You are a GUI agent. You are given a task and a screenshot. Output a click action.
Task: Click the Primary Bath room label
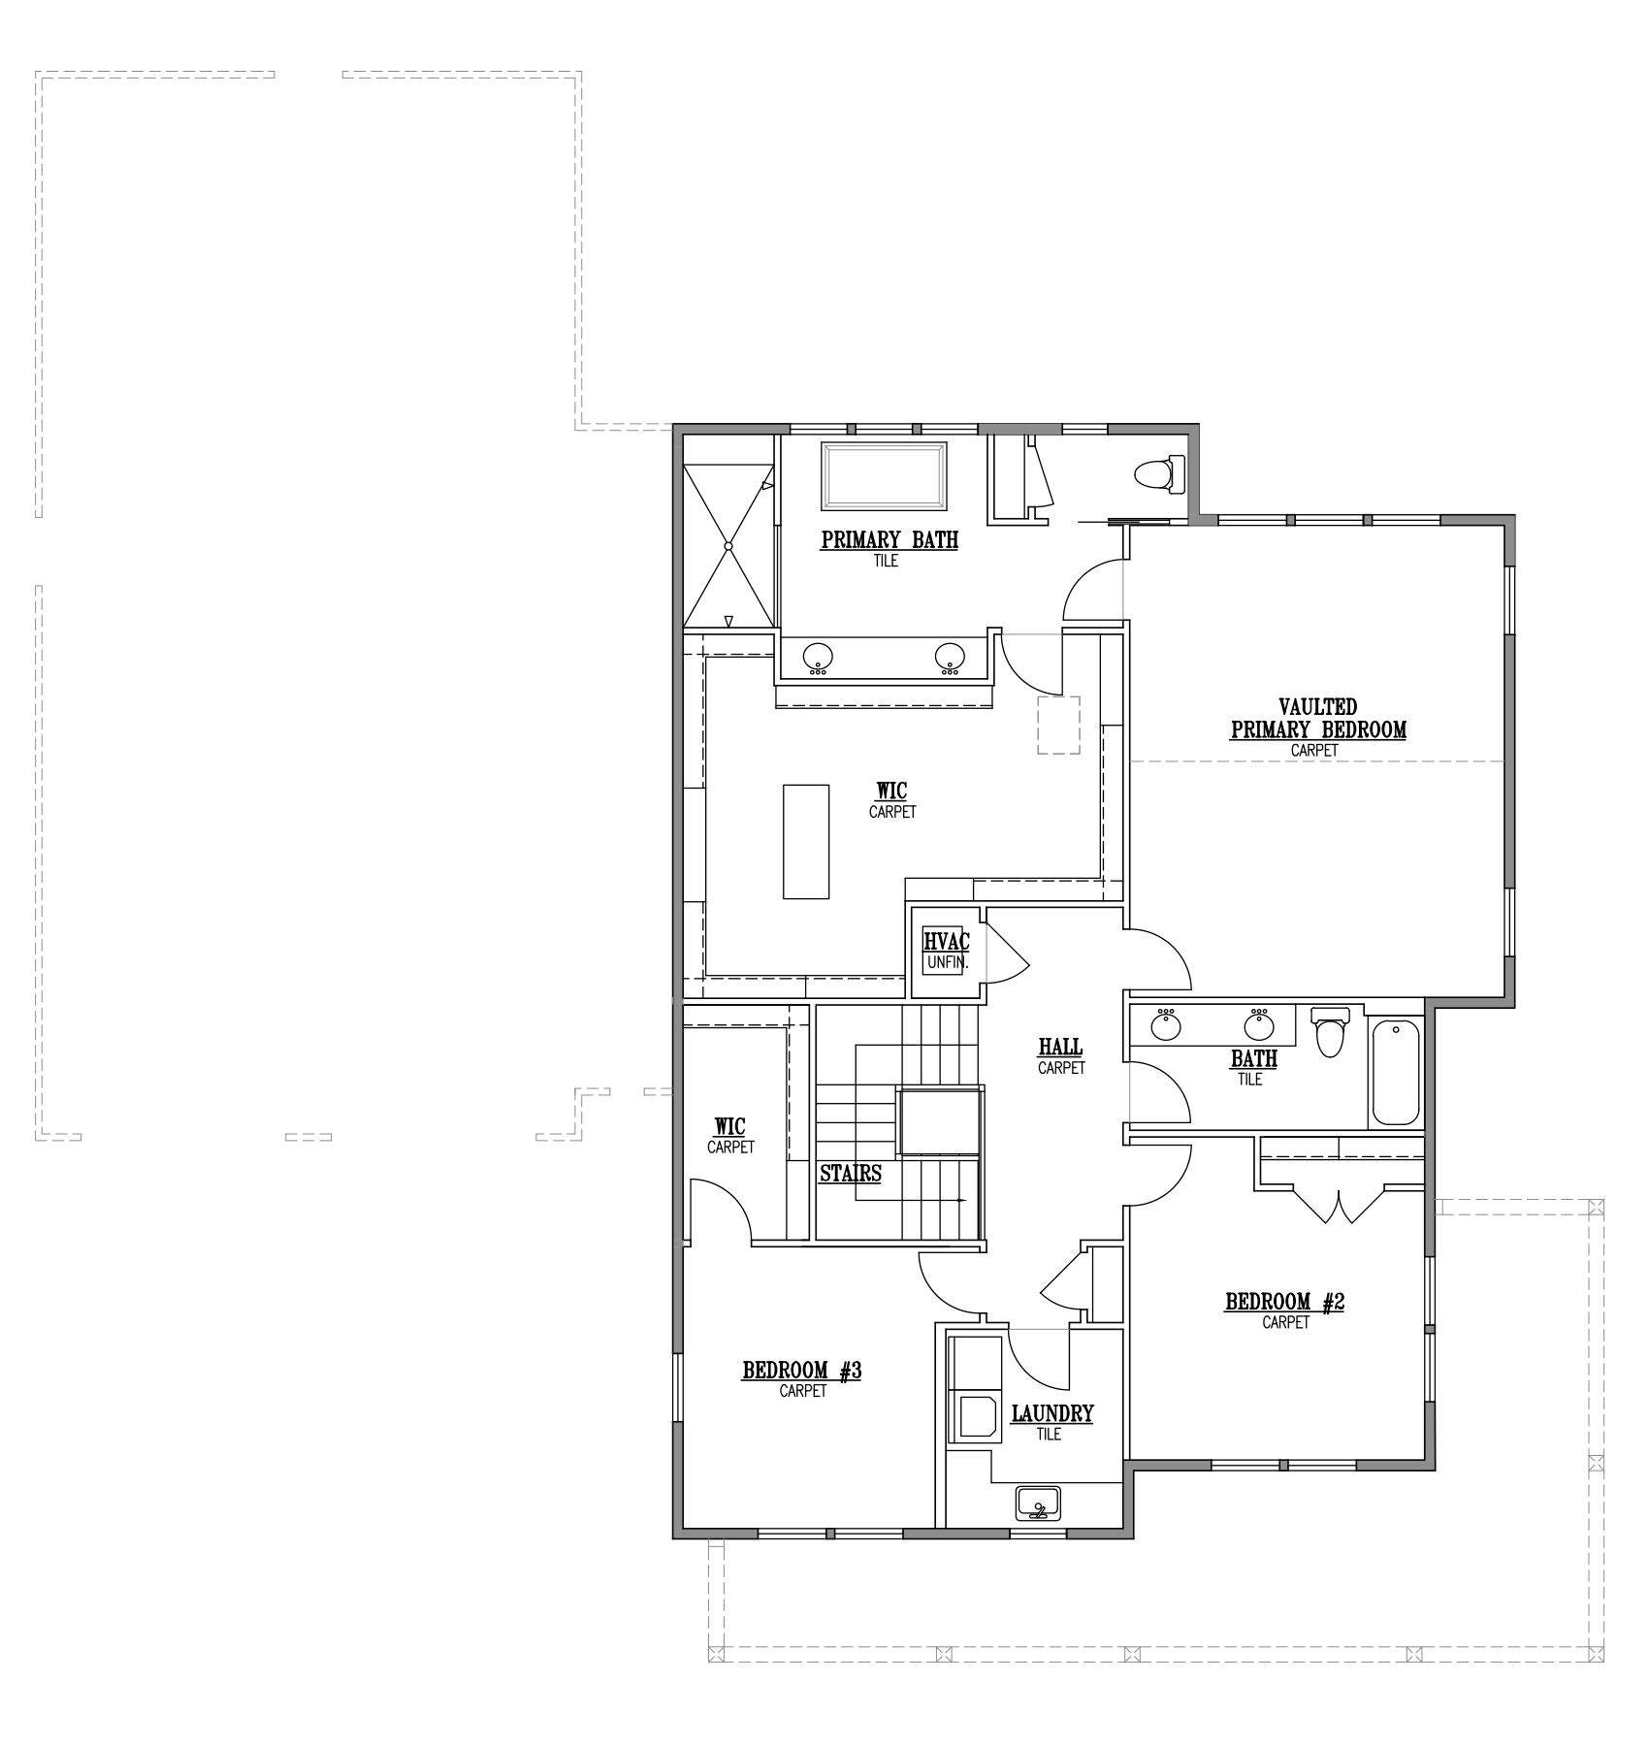(889, 539)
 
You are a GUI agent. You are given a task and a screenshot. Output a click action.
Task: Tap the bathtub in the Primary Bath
(885, 475)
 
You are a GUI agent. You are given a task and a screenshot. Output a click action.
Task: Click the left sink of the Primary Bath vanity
(817, 658)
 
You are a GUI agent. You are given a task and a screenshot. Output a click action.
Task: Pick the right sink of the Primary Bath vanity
(948, 658)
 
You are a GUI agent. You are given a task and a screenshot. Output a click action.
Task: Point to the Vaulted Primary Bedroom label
(1318, 719)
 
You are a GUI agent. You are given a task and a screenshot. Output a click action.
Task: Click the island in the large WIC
(806, 841)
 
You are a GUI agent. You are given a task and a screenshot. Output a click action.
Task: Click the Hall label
(1060, 1047)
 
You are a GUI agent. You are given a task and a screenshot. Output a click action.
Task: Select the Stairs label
(851, 1173)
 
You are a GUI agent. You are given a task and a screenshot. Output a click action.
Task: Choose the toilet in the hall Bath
(1329, 1032)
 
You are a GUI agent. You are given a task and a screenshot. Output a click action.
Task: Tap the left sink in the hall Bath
(1164, 1024)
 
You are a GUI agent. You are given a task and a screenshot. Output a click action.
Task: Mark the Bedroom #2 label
(1284, 1301)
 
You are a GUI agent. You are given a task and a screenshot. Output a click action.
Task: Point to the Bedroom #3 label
(802, 1371)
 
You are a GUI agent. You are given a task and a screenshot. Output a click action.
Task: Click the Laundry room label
(1052, 1413)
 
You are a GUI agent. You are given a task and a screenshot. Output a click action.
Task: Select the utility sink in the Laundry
(1039, 1504)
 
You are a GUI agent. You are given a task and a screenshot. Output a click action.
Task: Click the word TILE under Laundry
(1049, 1434)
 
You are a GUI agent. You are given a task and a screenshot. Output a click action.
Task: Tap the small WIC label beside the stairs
(729, 1126)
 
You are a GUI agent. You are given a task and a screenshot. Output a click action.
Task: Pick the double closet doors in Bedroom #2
(1340, 1204)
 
